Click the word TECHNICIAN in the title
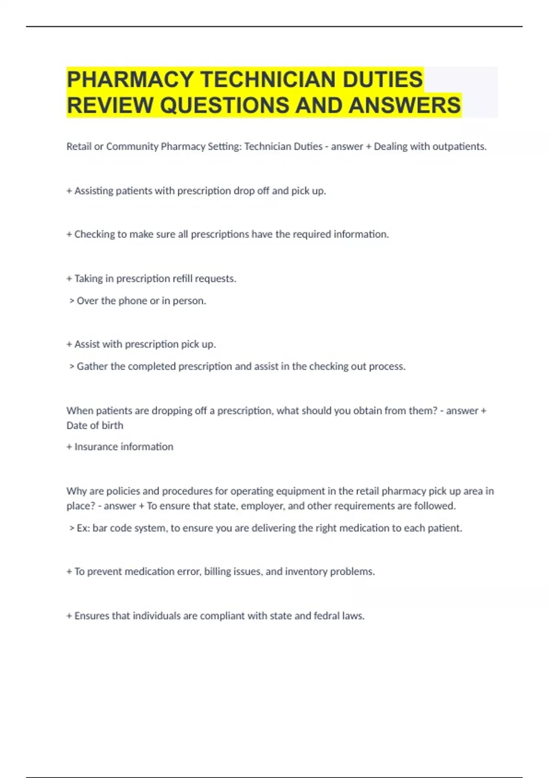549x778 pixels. pyautogui.click(x=268, y=79)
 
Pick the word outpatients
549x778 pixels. pyautogui.click(x=459, y=146)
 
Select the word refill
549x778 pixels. pyautogui.click(x=183, y=278)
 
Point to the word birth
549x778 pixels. pyautogui.click(x=112, y=425)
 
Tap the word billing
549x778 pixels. pyautogui.click(x=219, y=572)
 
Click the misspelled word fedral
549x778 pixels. pyautogui.click(x=327, y=616)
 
